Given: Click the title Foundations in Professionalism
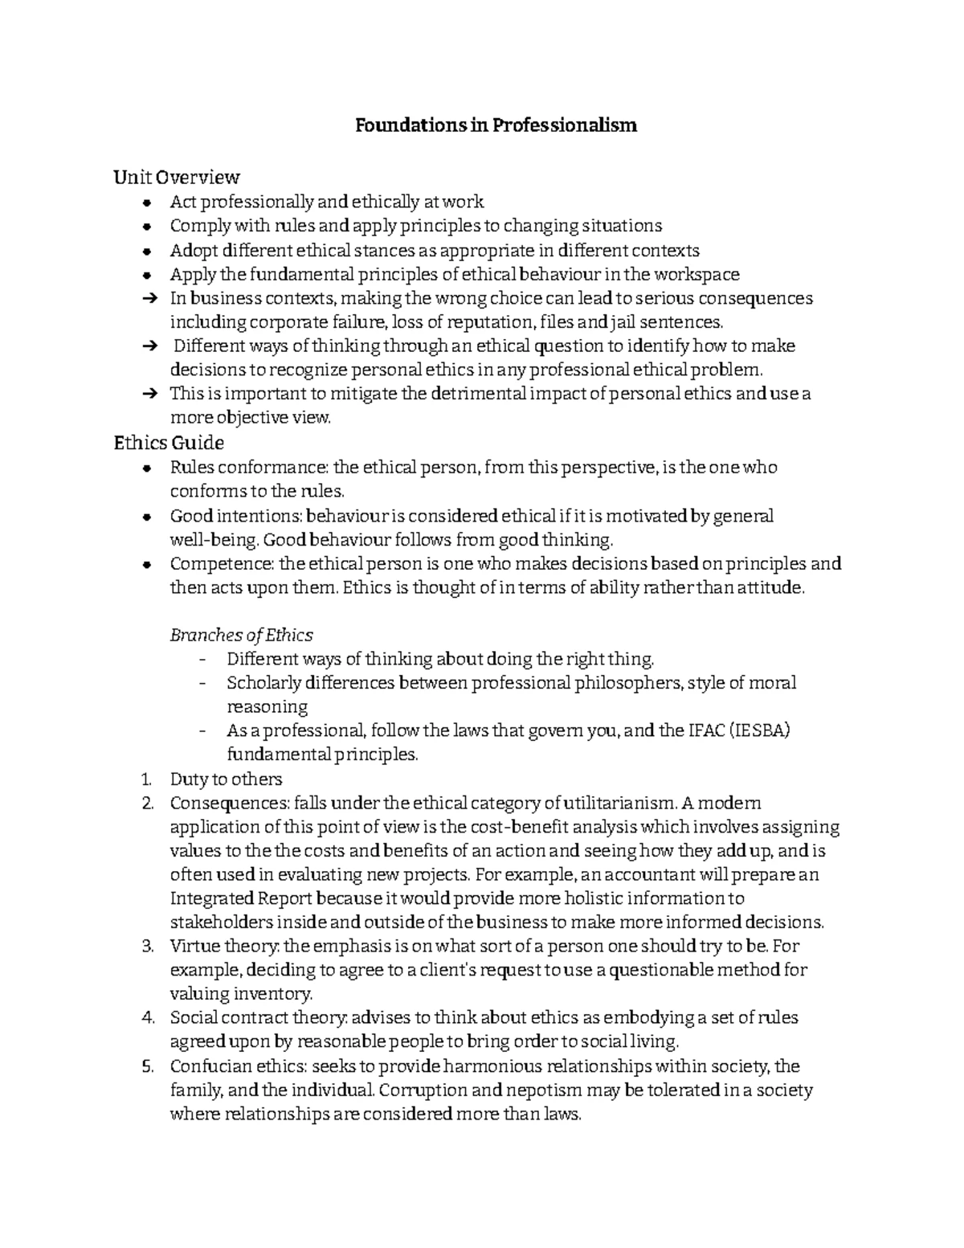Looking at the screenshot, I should [x=496, y=126].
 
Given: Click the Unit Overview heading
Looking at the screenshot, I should [x=177, y=177].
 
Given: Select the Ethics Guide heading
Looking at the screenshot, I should [x=169, y=443].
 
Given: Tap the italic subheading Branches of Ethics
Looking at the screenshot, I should [x=241, y=635].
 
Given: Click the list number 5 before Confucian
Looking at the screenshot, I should [x=146, y=1067].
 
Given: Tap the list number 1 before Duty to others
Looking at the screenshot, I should [x=145, y=779].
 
